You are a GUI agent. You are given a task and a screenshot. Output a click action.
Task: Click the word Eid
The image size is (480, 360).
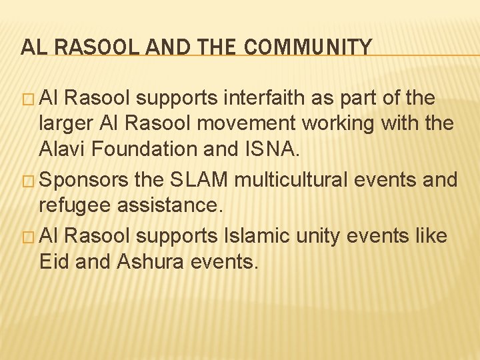pos(55,261)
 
